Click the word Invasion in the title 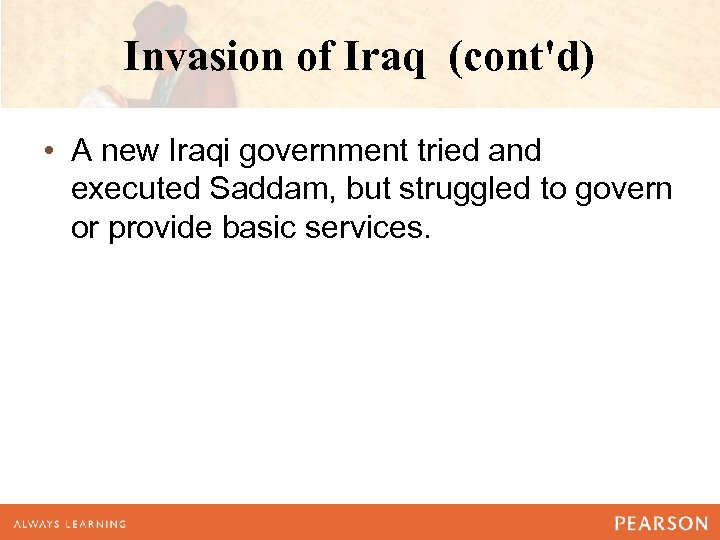pyautogui.click(x=205, y=57)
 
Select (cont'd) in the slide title pyautogui.click(x=521, y=57)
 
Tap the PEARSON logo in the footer pyautogui.click(x=660, y=523)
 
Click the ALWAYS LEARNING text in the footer pyautogui.click(x=69, y=524)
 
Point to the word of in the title pyautogui.click(x=317, y=57)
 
